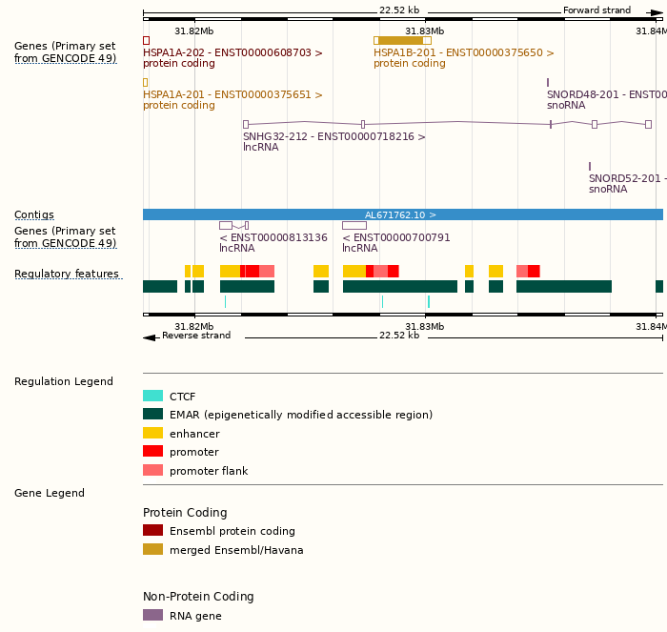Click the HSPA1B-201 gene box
(x=402, y=40)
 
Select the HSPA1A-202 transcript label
(x=232, y=53)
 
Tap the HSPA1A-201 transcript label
(x=232, y=95)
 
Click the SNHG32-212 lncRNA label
(x=333, y=136)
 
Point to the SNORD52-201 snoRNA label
(x=624, y=178)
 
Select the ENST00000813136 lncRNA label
(x=273, y=237)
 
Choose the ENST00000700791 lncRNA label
(x=396, y=237)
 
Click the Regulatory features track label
(x=67, y=275)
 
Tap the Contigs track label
(x=34, y=214)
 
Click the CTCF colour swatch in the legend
(x=152, y=396)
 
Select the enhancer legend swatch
(x=152, y=433)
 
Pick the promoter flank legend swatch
(x=152, y=470)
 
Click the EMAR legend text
(x=300, y=415)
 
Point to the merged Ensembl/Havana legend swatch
(x=152, y=549)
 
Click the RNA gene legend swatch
(x=152, y=615)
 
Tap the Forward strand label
(x=596, y=10)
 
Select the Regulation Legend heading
(x=64, y=381)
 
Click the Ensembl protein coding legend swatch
(x=152, y=530)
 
